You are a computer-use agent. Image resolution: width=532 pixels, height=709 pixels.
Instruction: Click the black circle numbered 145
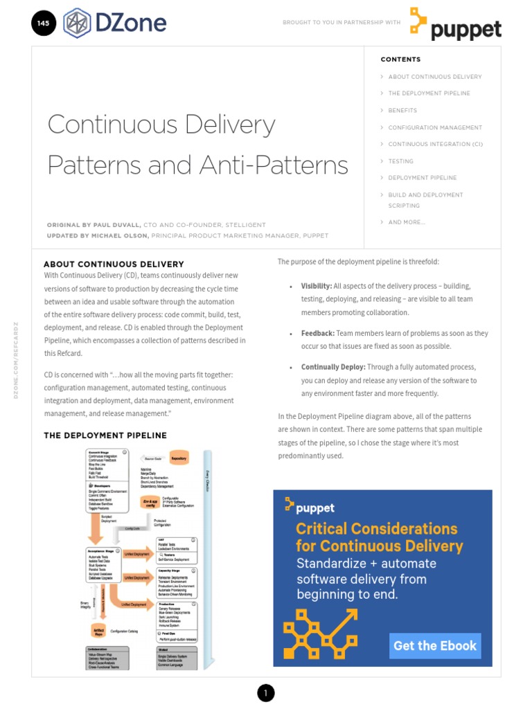(43, 23)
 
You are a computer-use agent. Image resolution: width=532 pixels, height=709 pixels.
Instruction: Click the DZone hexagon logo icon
(76, 23)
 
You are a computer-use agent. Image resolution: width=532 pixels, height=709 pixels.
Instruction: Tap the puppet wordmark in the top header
(465, 30)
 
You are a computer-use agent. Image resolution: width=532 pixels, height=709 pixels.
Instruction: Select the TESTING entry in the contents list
(400, 161)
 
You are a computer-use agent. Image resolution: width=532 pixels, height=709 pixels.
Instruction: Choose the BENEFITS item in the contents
(402, 111)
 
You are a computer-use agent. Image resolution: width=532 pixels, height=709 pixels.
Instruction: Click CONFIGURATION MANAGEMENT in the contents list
(435, 127)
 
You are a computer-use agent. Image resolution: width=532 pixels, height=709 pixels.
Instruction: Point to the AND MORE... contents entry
(407, 222)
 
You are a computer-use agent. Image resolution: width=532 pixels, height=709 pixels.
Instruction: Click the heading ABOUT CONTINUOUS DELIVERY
(114, 264)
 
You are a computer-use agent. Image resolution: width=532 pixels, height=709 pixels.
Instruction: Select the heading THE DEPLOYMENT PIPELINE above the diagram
(105, 436)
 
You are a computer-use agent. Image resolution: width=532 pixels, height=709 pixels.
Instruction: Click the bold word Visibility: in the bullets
(317, 286)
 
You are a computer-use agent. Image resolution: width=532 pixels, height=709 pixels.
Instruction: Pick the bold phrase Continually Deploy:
(332, 367)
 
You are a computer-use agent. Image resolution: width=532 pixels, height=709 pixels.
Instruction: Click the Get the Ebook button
(435, 646)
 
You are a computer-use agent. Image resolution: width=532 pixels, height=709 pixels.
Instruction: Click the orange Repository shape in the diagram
(179, 458)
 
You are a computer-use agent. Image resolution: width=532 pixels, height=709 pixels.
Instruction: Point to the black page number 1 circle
(266, 692)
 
